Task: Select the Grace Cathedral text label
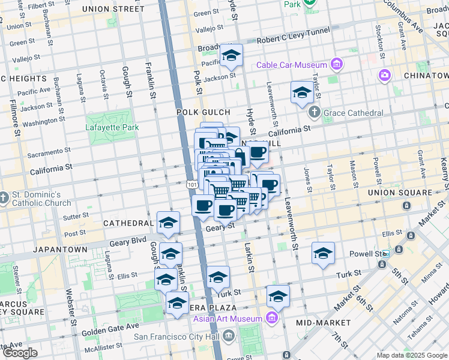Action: [353, 113]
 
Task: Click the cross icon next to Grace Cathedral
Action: [314, 112]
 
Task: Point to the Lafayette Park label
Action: [112, 127]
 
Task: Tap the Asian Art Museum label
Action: [228, 318]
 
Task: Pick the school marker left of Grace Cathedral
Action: [302, 93]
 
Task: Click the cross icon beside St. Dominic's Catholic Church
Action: [4, 197]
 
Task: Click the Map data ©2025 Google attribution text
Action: [411, 355]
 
